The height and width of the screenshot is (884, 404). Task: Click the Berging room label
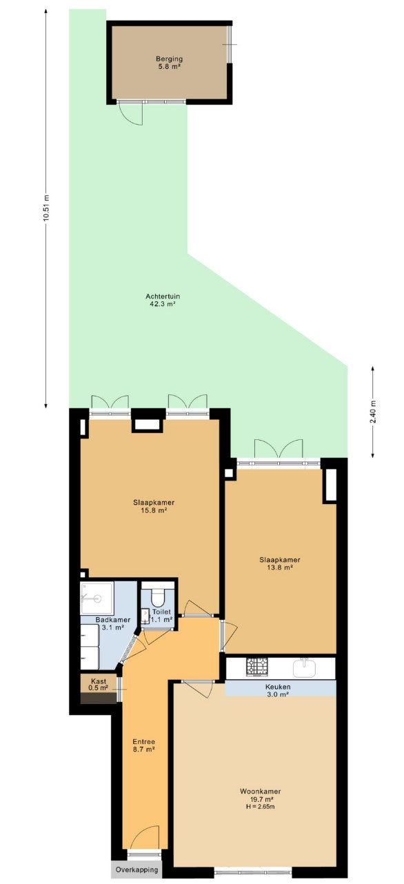pyautogui.click(x=170, y=59)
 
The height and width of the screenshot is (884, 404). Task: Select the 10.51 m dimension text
pyautogui.click(x=46, y=208)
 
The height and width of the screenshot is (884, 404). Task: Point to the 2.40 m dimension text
pyautogui.click(x=373, y=412)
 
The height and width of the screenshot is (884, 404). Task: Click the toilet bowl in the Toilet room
pyautogui.click(x=158, y=597)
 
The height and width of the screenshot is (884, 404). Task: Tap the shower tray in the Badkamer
pyautogui.click(x=97, y=599)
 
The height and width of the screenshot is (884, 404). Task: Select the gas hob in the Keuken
pyautogui.click(x=257, y=667)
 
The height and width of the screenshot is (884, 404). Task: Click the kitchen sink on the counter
pyautogui.click(x=305, y=667)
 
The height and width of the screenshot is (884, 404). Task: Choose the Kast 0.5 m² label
pyautogui.click(x=99, y=685)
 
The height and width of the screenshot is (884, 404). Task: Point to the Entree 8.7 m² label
pyautogui.click(x=143, y=745)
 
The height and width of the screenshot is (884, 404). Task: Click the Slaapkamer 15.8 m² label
pyautogui.click(x=154, y=506)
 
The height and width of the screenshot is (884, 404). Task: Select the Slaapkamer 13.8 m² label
pyautogui.click(x=280, y=563)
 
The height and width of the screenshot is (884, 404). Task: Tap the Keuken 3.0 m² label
pyautogui.click(x=278, y=691)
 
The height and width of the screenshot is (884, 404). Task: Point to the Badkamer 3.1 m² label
pyautogui.click(x=113, y=623)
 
